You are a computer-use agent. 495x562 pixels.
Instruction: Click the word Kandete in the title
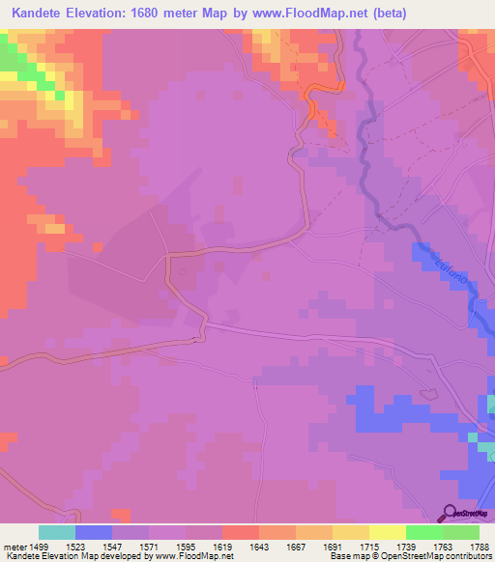tap(42, 14)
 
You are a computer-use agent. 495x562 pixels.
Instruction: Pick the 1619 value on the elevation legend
tap(221, 546)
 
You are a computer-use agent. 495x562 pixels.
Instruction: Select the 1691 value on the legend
tap(331, 546)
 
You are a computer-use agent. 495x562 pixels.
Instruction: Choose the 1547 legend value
tap(112, 546)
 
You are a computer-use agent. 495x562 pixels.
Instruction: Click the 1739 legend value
tap(405, 546)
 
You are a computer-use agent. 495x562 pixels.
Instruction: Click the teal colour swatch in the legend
tap(57, 532)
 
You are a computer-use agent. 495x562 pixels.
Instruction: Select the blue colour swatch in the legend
tap(94, 532)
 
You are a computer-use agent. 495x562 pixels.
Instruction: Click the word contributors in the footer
tap(468, 556)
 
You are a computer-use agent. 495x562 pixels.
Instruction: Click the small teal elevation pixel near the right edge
tap(473, 436)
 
